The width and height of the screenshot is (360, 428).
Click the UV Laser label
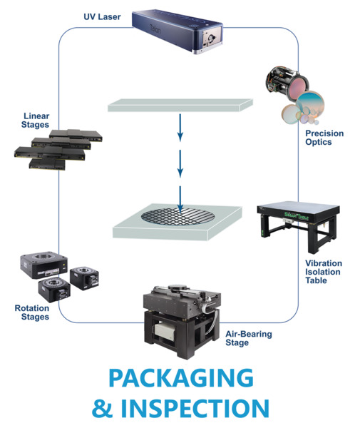pos(102,17)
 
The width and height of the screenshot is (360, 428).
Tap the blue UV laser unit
pos(178,31)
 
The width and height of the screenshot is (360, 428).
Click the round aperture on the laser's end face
pos(210,37)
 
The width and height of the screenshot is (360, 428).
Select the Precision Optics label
pos(324,138)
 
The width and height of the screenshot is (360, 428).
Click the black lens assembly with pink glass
pos(287,83)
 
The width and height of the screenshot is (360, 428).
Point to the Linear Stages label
pos(36,121)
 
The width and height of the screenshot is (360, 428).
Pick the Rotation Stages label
pos(32,312)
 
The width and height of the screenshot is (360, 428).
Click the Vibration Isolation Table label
pos(324,272)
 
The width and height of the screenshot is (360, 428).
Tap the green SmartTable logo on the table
pos(297,216)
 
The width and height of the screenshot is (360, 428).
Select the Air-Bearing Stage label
pos(249,338)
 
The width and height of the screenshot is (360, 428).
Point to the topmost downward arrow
pos(180,128)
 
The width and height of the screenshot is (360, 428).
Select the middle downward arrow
pos(180,163)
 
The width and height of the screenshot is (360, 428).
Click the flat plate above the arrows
pos(180,106)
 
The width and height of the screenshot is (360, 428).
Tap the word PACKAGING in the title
pos(181,378)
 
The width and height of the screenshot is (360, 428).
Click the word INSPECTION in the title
pos(195,408)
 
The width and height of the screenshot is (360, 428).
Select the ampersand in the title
pos(102,408)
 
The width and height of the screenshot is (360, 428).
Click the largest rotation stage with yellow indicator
pos(43,265)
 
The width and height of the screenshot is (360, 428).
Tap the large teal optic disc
pos(310,104)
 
